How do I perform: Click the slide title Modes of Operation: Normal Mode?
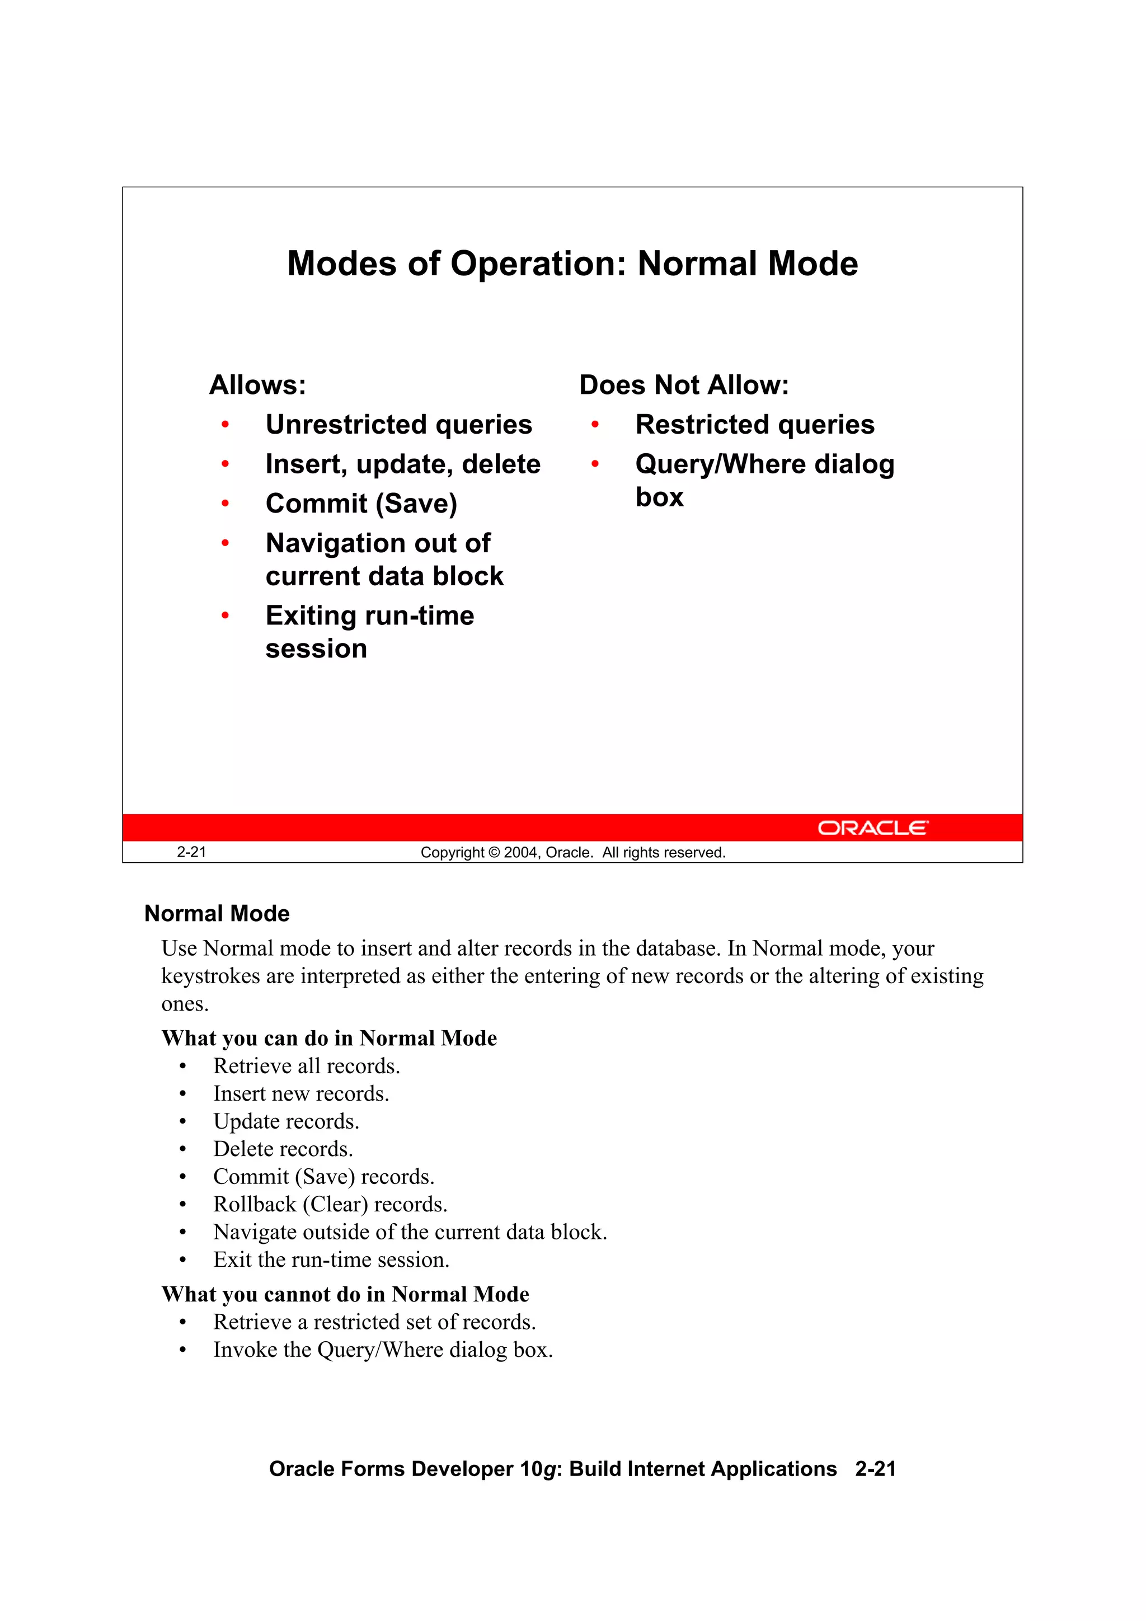click(572, 264)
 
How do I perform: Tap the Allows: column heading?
click(258, 385)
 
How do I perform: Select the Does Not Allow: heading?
click(683, 385)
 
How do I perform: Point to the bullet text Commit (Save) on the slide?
click(361, 504)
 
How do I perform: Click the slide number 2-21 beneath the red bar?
click(191, 852)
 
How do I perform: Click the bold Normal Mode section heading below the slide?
click(217, 914)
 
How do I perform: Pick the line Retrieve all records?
click(307, 1066)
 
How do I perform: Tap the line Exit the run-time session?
click(331, 1260)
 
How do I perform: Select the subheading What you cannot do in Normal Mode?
click(345, 1294)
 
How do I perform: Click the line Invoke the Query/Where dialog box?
click(383, 1350)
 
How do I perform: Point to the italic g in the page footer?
click(548, 1469)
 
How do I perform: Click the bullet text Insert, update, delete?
click(402, 464)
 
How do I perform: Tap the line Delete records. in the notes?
click(283, 1149)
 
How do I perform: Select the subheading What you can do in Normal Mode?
click(329, 1039)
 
